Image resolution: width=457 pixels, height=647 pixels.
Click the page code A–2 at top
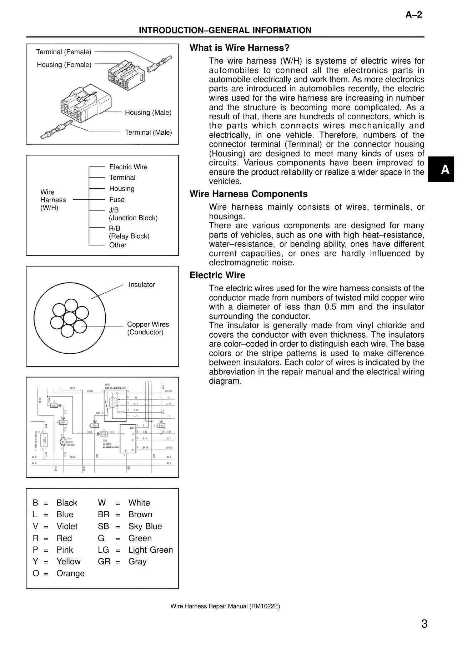413,15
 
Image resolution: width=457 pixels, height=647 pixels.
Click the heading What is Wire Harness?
239,48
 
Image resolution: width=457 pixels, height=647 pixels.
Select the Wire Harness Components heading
248,194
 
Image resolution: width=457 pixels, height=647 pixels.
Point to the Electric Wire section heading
217,275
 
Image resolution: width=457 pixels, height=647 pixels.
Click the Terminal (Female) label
64,52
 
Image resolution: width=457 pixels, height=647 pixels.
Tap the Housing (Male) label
148,113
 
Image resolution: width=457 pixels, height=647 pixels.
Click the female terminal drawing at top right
161,63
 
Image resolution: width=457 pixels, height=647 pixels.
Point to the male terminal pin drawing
57,129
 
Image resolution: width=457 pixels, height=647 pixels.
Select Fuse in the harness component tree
117,200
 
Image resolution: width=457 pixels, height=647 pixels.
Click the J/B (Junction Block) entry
133,214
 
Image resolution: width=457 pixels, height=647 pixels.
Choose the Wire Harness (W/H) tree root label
53,200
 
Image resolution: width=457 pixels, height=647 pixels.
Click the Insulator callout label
142,285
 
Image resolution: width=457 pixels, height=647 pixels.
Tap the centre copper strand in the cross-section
70,318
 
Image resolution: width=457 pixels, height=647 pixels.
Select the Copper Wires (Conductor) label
148,328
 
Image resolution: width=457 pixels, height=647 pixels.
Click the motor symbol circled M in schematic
63,442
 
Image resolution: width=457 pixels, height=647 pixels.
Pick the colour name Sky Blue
145,526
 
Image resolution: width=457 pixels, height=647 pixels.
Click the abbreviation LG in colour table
103,550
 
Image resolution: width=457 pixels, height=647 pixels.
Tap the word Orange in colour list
70,573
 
